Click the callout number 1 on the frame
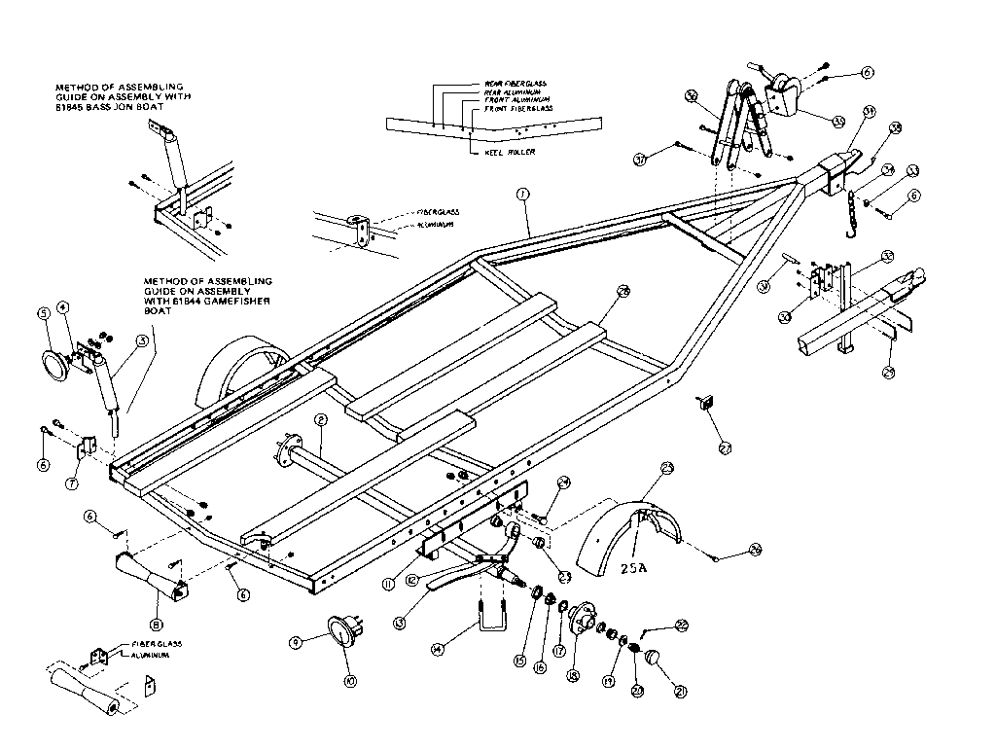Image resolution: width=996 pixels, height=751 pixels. [x=522, y=196]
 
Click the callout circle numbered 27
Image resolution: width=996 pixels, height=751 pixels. [x=726, y=447]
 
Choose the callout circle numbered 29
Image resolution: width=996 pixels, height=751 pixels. [x=888, y=371]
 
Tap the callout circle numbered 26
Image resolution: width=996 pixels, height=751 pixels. [x=755, y=552]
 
